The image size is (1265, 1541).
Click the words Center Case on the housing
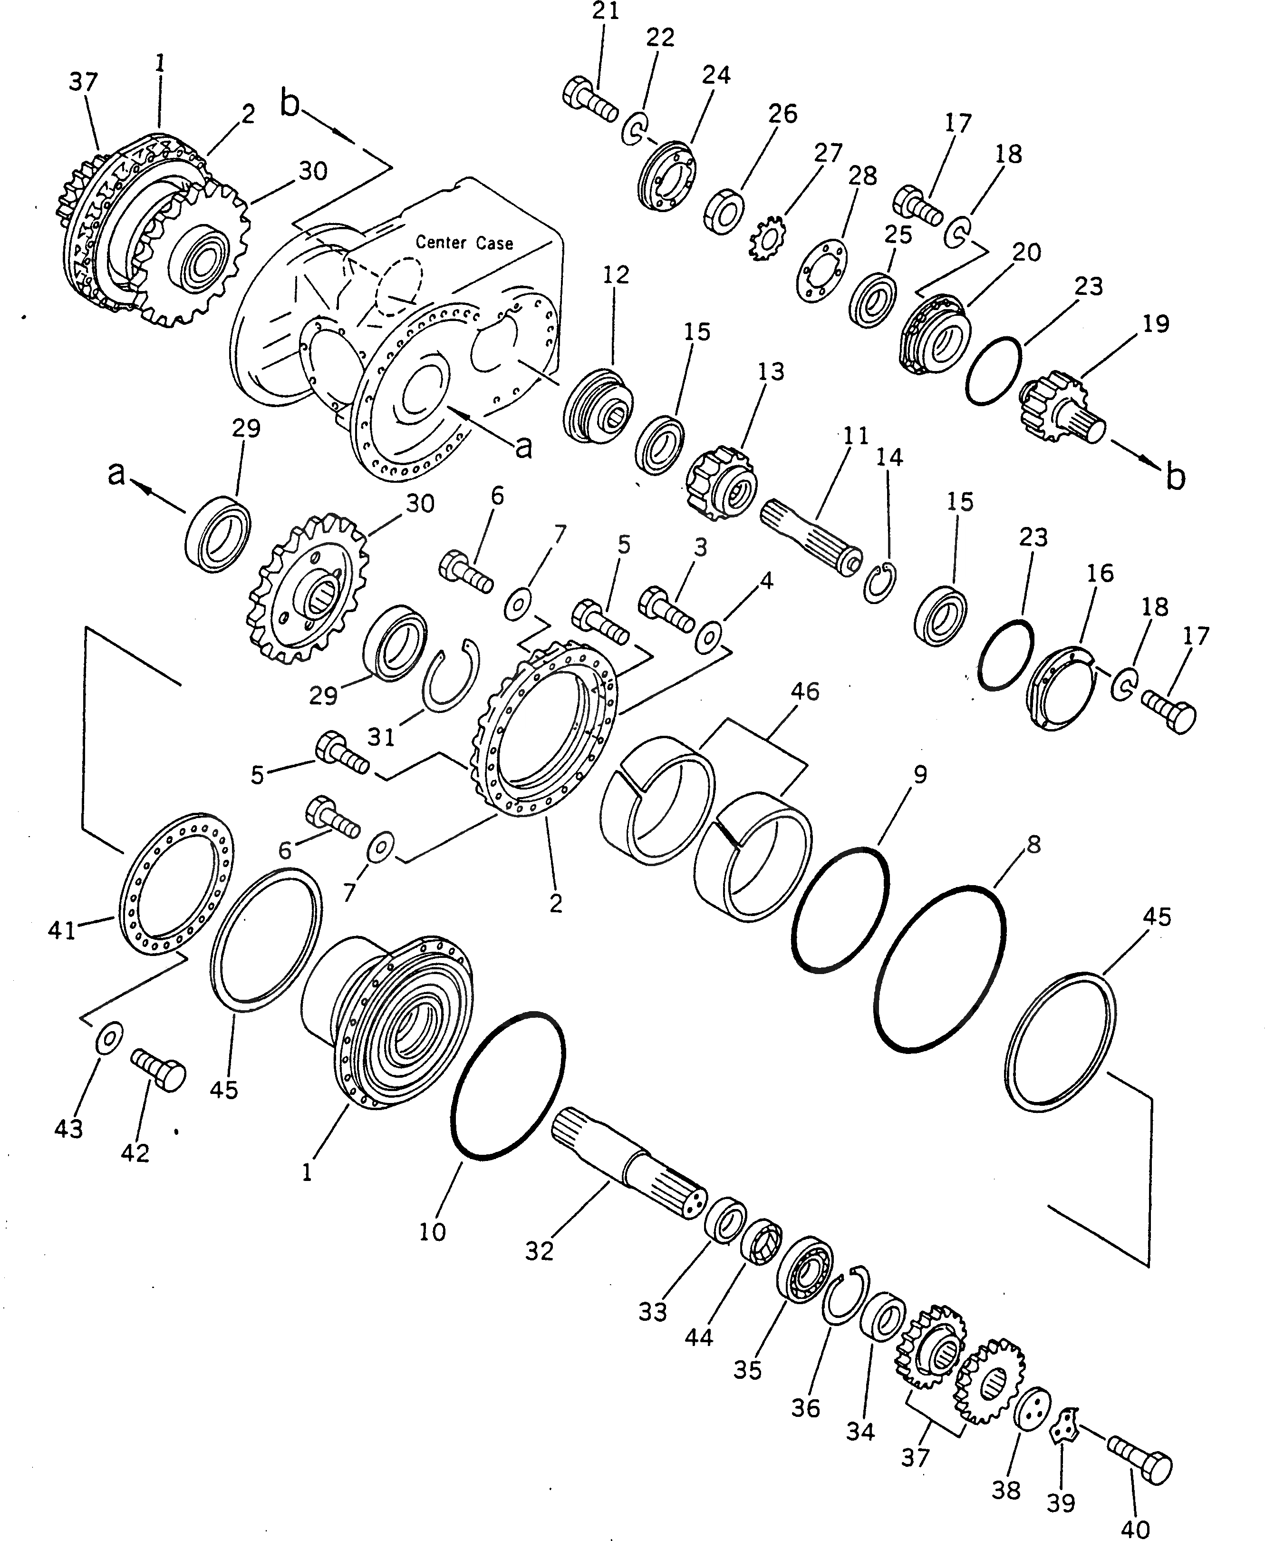(x=464, y=242)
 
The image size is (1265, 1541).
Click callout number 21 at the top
(x=605, y=12)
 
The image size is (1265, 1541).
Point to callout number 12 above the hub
(x=616, y=275)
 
